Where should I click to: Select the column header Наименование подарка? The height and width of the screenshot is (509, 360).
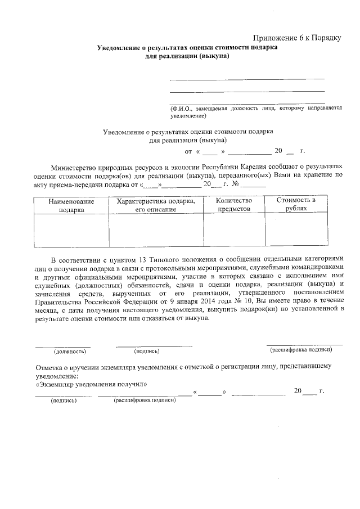pos(71,205)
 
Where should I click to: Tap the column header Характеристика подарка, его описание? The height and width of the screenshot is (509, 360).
pos(156,205)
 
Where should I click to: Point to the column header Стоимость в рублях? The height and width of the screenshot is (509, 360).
pos(296,205)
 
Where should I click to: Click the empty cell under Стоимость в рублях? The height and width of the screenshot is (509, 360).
pos(296,231)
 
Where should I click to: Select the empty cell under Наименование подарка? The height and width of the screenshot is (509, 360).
pos(71,231)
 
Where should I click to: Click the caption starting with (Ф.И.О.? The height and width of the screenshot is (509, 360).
pos(256,111)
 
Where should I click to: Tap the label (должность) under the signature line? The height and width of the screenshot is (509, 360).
pos(70,352)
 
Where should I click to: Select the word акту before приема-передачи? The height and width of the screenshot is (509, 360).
pos(43,184)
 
